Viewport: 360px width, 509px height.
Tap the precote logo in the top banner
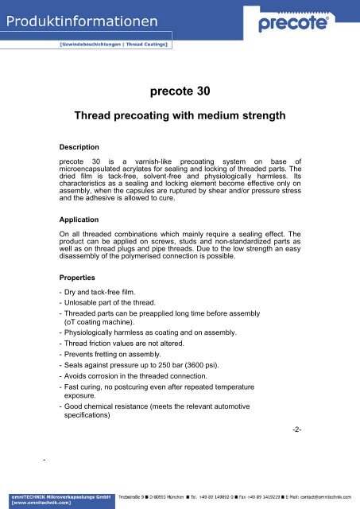[301, 25]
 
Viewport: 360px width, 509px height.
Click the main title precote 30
[180, 91]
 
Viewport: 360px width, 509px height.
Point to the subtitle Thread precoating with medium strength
[180, 117]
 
